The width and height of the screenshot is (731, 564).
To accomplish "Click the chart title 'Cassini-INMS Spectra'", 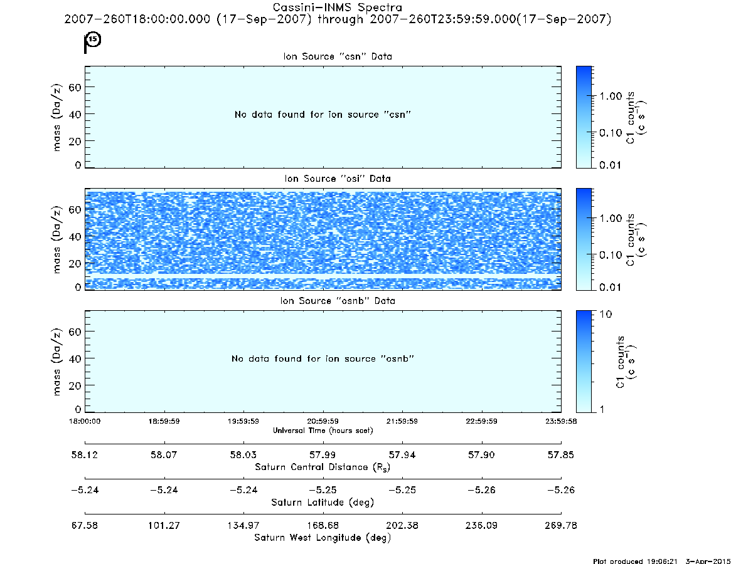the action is pyautogui.click(x=338, y=8).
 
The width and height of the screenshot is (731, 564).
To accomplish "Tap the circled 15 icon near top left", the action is pyautogui.click(x=93, y=39).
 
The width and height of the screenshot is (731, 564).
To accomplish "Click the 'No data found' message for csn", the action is pyautogui.click(x=323, y=115).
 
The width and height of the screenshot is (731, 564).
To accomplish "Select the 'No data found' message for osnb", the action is pyautogui.click(x=323, y=358).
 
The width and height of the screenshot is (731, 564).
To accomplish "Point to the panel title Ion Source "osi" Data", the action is pyautogui.click(x=338, y=179).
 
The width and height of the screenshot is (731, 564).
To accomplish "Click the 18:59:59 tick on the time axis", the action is pyautogui.click(x=164, y=421).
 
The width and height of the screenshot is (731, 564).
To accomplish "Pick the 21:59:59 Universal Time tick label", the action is pyautogui.click(x=402, y=421).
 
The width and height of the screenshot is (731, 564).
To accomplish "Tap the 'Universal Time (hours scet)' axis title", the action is pyautogui.click(x=323, y=431).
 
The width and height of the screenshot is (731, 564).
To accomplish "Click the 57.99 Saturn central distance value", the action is pyautogui.click(x=323, y=454).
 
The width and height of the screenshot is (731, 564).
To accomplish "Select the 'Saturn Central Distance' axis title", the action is pyautogui.click(x=323, y=467).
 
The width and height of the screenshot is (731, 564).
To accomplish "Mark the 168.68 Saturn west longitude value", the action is pyautogui.click(x=323, y=525).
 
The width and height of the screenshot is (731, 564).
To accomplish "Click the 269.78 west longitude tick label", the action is pyautogui.click(x=561, y=525).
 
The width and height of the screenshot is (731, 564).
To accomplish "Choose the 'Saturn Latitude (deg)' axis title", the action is pyautogui.click(x=323, y=503).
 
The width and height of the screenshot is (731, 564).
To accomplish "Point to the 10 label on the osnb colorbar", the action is pyautogui.click(x=606, y=315).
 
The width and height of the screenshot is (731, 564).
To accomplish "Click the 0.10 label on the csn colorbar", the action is pyautogui.click(x=611, y=133).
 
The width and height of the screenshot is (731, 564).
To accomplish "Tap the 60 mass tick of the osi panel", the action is pyautogui.click(x=75, y=209).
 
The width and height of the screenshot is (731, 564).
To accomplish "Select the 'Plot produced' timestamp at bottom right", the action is pyautogui.click(x=661, y=561).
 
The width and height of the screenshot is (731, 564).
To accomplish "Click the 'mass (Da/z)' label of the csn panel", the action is pyautogui.click(x=56, y=117).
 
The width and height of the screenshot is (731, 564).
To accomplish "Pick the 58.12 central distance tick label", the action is pyautogui.click(x=84, y=454).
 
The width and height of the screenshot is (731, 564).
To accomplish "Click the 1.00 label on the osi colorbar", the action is pyautogui.click(x=611, y=219).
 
